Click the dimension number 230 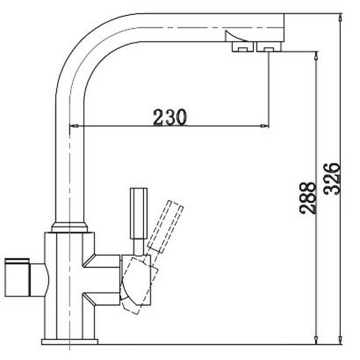pyautogui.click(x=169, y=116)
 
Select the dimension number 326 pyautogui.click(x=332, y=179)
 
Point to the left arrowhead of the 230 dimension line pyautogui.click(x=72, y=128)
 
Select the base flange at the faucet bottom pyautogui.click(x=70, y=341)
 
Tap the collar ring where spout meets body pyautogui.click(x=69, y=227)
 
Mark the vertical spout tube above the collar pyautogui.click(x=69, y=161)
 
